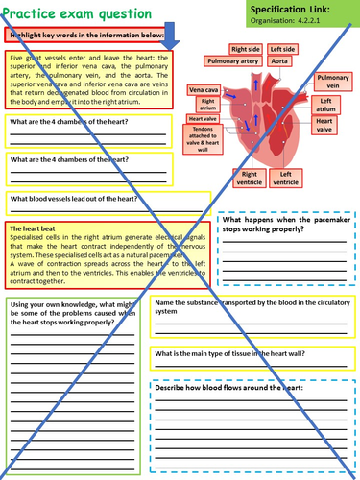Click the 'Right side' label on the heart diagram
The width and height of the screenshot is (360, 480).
[x=246, y=48]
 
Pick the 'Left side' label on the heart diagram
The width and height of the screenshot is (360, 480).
[x=282, y=48]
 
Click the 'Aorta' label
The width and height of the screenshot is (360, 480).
[x=280, y=60]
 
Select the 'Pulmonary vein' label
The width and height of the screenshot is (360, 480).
[x=333, y=81]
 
